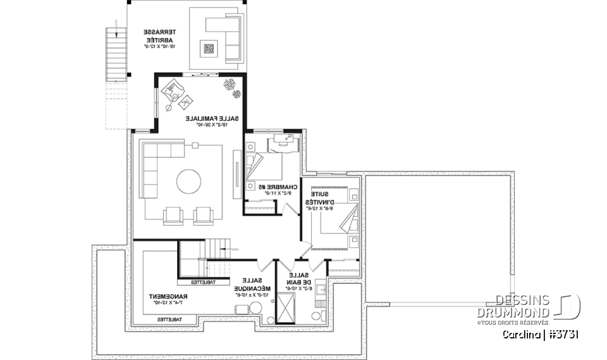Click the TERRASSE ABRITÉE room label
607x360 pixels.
point(158,38)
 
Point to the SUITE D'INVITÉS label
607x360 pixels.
point(329,201)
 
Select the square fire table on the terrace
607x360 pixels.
point(209,49)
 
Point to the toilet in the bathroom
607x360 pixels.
point(316,315)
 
